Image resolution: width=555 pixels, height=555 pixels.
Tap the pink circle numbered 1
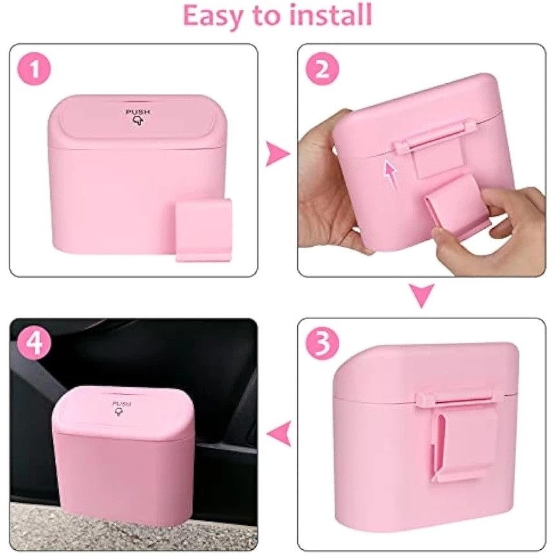click(x=34, y=69)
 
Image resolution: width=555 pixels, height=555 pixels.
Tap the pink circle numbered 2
click(x=322, y=69)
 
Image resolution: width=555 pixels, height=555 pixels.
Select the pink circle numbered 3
click(x=323, y=343)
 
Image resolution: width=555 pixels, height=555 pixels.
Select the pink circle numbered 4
click(x=34, y=342)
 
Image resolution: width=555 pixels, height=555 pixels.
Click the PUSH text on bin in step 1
click(x=138, y=112)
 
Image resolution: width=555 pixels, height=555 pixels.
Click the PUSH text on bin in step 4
click(x=121, y=404)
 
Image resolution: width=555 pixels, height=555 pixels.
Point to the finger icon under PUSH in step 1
click(x=138, y=121)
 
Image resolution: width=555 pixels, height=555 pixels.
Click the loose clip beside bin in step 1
click(x=204, y=230)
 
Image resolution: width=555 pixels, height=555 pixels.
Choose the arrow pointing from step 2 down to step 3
click(x=422, y=295)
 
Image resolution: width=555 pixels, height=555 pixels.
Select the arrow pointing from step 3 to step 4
click(x=278, y=433)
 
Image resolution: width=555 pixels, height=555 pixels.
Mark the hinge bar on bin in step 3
click(x=455, y=399)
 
